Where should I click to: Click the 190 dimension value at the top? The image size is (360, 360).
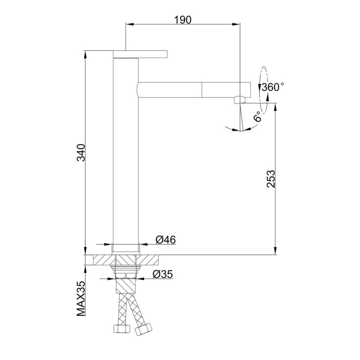point(183,20)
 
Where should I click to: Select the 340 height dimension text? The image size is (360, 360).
point(81,153)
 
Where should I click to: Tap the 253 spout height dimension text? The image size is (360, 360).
point(271,179)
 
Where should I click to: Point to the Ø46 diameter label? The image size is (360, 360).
point(166,240)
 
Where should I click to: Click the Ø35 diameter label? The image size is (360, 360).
point(162,274)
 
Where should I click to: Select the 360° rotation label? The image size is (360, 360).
point(273,87)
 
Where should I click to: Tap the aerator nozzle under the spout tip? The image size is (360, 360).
point(240,99)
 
